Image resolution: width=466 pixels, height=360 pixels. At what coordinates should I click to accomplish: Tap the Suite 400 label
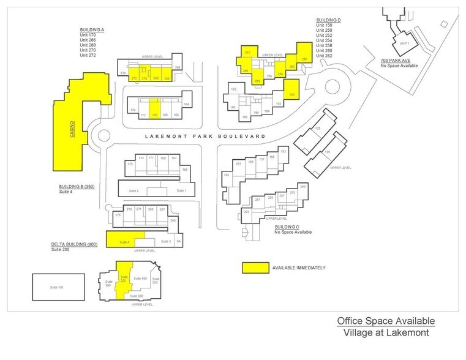click(x=140, y=279)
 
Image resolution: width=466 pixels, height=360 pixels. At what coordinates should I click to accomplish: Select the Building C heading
click(x=288, y=227)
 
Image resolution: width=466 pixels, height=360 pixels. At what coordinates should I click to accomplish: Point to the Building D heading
click(x=328, y=20)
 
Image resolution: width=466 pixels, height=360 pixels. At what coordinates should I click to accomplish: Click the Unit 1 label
click(x=403, y=44)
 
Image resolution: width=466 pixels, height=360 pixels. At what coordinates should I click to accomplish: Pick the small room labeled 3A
click(x=179, y=241)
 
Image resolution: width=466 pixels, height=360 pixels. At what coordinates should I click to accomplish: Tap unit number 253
click(x=302, y=186)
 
